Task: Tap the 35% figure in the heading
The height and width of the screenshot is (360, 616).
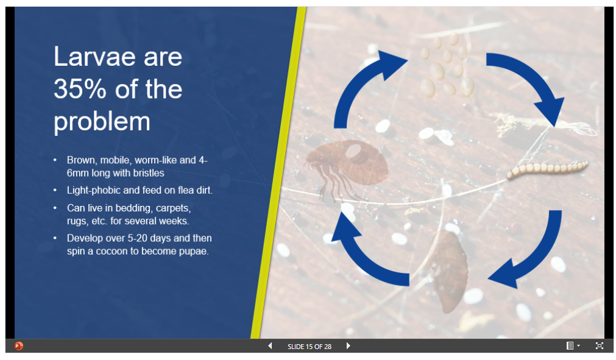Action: coord(80,89)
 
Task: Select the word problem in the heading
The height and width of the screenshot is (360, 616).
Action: coord(102,122)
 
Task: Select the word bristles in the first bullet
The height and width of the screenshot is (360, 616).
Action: coord(149,173)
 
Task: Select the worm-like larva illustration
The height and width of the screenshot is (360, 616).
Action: coord(548,169)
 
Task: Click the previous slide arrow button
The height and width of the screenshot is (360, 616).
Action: coord(270,346)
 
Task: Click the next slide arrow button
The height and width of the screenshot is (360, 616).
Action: coord(348,346)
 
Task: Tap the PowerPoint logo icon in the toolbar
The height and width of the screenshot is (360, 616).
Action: coord(18,346)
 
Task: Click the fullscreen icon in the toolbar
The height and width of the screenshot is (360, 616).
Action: coord(599,346)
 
